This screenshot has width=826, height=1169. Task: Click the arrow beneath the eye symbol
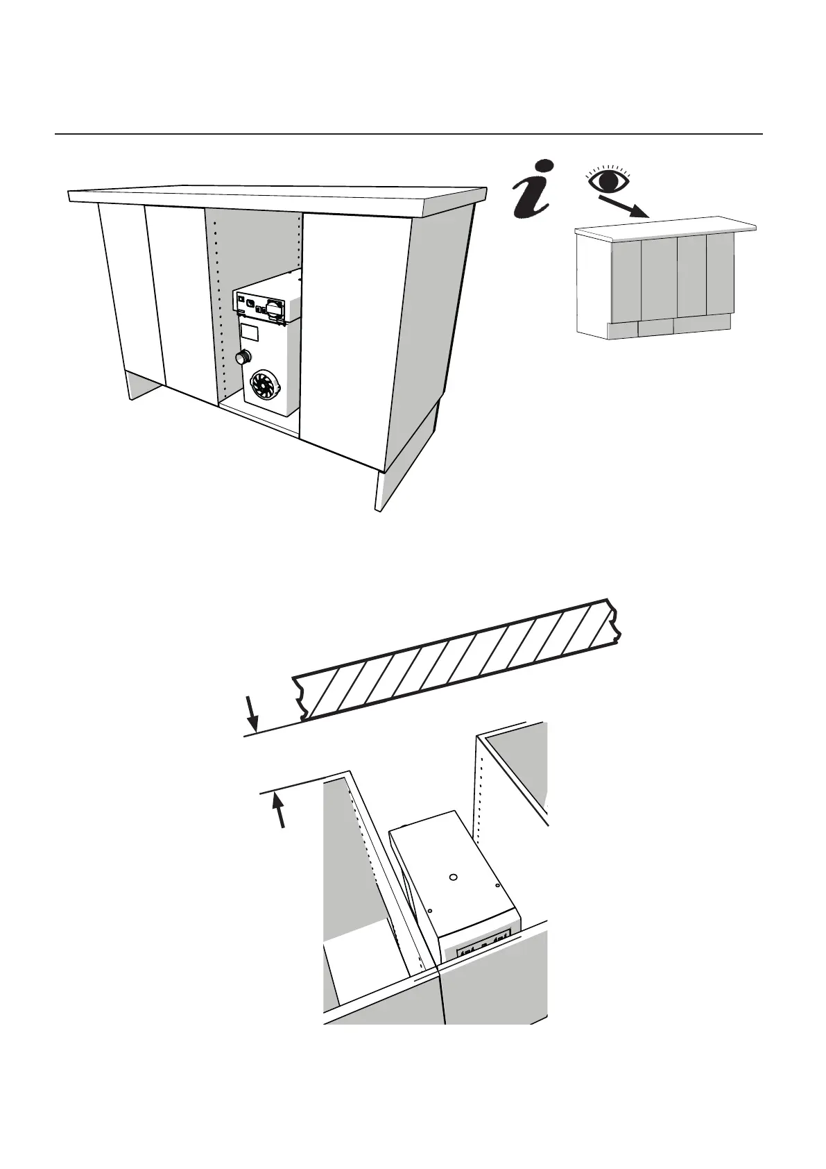tap(624, 207)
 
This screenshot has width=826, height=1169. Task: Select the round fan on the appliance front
tap(264, 385)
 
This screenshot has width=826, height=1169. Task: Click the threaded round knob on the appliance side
tap(242, 358)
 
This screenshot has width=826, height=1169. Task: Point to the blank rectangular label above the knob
tap(250, 333)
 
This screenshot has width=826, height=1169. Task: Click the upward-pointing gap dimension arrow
tap(279, 810)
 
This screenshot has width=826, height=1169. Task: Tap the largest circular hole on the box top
tap(453, 877)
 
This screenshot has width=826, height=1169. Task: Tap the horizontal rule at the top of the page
tap(408, 133)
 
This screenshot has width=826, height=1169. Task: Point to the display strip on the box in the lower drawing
tap(483, 945)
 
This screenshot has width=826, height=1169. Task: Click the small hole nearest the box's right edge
tap(498, 885)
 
